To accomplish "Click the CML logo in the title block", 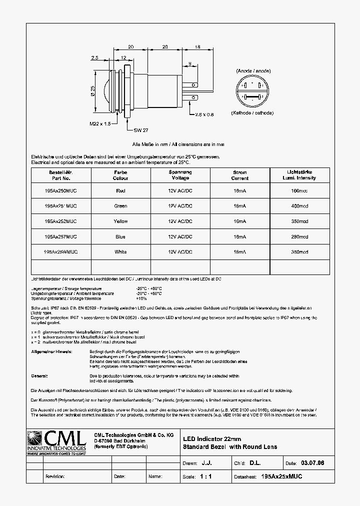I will [56, 442].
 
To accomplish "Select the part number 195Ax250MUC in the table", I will [61, 190].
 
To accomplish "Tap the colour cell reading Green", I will [120, 206].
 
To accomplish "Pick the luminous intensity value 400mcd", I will [299, 206].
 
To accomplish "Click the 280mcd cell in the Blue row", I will [299, 237].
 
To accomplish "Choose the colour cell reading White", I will [120, 252].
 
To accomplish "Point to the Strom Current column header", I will [239, 175].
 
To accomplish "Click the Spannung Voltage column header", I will [180, 175].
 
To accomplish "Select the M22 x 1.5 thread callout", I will [100, 124].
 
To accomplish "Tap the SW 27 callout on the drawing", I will [141, 130].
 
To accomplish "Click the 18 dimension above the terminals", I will [197, 46].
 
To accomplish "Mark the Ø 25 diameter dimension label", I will [93, 90].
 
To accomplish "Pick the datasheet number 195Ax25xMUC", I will [282, 476].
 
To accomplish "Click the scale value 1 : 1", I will [205, 476].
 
